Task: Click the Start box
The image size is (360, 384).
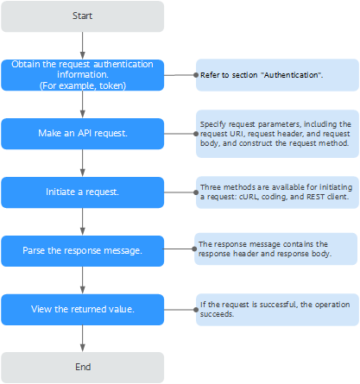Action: [x=83, y=16]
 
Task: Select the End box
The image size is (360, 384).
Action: [x=83, y=368]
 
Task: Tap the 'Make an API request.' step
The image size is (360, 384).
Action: [x=83, y=134]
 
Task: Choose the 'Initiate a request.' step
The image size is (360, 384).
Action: [x=83, y=192]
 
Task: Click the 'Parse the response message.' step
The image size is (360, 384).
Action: [x=83, y=251]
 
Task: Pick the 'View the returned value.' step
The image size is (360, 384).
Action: [x=83, y=310]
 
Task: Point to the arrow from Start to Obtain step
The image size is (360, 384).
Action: [x=83, y=46]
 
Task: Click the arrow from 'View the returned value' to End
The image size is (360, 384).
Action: [x=83, y=338]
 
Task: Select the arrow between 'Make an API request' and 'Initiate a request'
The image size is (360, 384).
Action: [x=83, y=163]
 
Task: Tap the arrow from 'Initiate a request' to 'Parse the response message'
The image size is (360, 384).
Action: [x=83, y=222]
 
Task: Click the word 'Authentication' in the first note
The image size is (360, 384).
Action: [x=291, y=75]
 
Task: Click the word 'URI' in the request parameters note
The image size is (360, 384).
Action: [x=237, y=134]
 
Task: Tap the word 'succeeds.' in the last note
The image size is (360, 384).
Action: [x=217, y=314]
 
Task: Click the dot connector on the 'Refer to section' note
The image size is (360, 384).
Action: [x=196, y=75]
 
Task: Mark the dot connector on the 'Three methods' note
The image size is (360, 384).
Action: [x=196, y=192]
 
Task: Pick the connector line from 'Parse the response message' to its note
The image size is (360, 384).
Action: [x=179, y=249]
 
